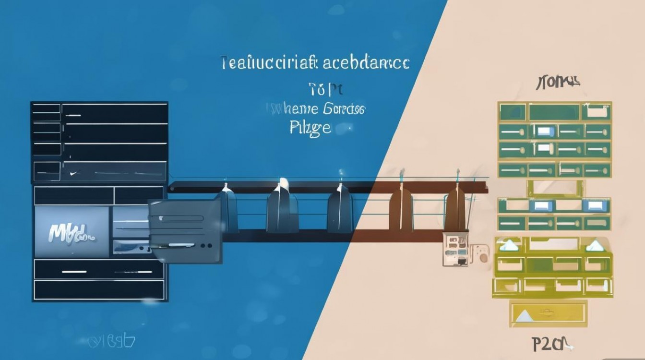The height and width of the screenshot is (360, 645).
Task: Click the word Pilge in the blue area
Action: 311,128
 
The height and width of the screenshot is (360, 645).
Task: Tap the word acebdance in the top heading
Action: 366,63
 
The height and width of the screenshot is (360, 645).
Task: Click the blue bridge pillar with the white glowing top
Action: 283,206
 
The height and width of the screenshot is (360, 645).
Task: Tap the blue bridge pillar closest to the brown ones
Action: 340,209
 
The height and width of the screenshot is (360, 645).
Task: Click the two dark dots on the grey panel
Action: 206,245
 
